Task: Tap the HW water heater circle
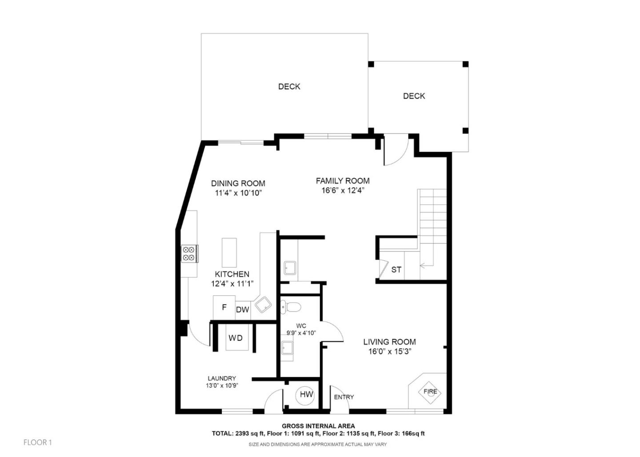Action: coord(306,394)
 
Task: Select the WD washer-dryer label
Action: coord(236,338)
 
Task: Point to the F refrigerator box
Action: coord(224,307)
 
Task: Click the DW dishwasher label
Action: coord(242,310)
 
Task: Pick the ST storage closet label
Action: coord(396,270)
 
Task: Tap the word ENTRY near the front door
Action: coord(344,397)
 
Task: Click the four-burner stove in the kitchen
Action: coord(188,254)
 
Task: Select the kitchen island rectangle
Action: coord(229,252)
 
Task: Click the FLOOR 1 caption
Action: coord(38,442)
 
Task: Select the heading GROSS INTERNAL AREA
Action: coord(318,426)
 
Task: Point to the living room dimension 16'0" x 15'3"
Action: coord(389,352)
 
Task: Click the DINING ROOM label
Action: coord(238,183)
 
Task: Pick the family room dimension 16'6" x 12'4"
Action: coord(343,191)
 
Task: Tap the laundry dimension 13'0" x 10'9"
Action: coord(222,386)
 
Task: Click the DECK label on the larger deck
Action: coord(289,87)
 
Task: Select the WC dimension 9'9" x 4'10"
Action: coord(301,333)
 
